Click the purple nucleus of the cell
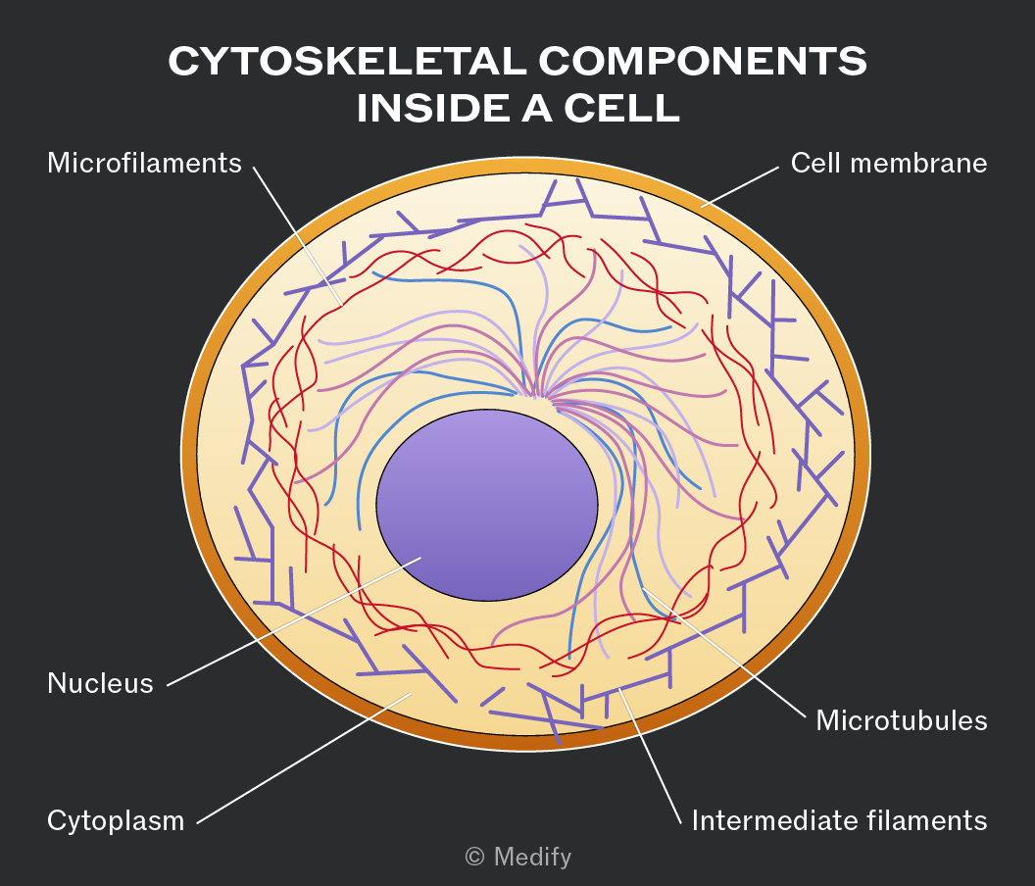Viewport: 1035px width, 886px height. [x=487, y=505]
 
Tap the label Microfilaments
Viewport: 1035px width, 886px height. [x=144, y=163]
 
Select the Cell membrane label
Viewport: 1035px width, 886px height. [x=888, y=163]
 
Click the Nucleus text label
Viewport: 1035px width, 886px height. [x=100, y=683]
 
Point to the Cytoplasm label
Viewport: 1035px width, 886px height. [x=116, y=821]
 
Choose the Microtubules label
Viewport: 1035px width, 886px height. [x=902, y=720]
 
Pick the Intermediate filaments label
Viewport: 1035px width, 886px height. [x=840, y=820]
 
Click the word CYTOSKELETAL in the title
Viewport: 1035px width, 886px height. [x=347, y=62]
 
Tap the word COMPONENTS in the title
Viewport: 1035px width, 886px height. [x=703, y=62]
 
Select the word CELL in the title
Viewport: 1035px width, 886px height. [x=621, y=108]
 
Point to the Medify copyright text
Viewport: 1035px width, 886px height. [x=518, y=857]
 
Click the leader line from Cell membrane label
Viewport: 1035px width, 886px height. [x=740, y=187]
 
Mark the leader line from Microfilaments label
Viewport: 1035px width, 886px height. [x=298, y=236]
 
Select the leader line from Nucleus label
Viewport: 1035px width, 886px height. [x=294, y=621]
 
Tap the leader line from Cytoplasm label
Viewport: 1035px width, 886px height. [x=304, y=758]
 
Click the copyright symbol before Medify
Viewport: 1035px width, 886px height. [x=474, y=857]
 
